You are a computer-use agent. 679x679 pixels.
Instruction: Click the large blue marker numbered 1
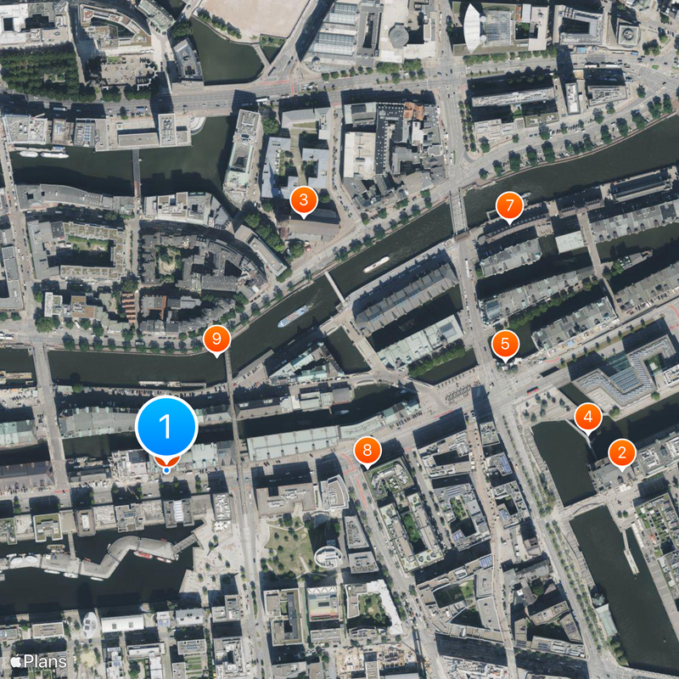pyautogui.click(x=166, y=426)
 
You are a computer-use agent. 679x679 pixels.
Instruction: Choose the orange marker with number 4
pyautogui.click(x=587, y=417)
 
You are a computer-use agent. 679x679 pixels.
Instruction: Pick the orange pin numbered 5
pyautogui.click(x=505, y=344)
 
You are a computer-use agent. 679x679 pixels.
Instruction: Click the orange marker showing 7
pyautogui.click(x=508, y=205)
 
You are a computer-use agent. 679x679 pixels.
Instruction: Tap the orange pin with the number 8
pyautogui.click(x=367, y=451)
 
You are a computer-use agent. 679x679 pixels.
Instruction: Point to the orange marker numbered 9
pyautogui.click(x=216, y=339)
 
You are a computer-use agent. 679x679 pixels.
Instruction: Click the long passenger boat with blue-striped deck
pyautogui.click(x=294, y=317)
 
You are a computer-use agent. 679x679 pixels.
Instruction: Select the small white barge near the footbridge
pyautogui.click(x=376, y=264)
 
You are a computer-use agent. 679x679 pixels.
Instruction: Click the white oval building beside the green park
pyautogui.click(x=328, y=557)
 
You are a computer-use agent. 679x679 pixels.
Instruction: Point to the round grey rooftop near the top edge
pyautogui.click(x=397, y=36)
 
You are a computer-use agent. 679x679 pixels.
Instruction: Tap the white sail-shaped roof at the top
pyautogui.click(x=473, y=25)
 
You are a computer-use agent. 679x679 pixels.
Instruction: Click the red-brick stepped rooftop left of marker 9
pyautogui.click(x=129, y=306)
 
